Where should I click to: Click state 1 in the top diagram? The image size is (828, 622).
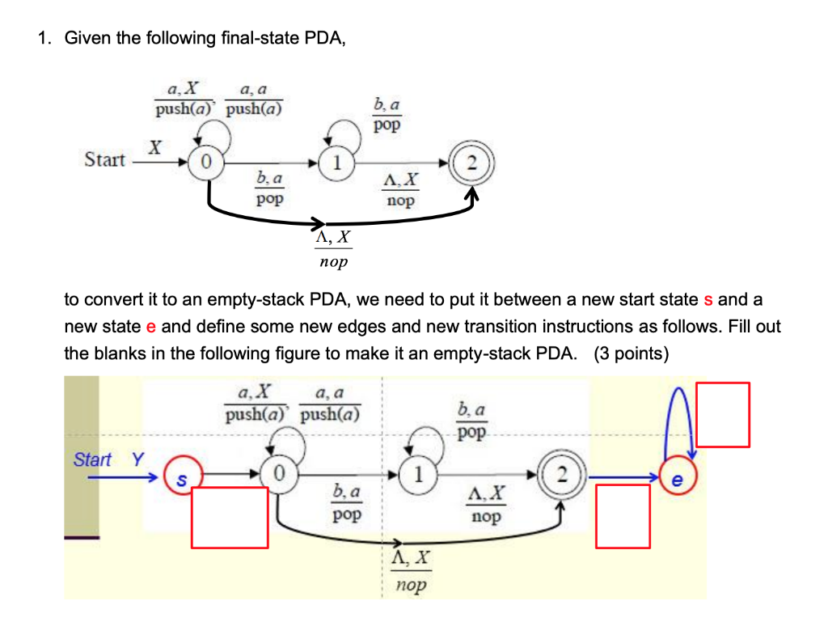pyautogui.click(x=332, y=161)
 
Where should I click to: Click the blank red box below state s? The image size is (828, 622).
pyautogui.click(x=230, y=517)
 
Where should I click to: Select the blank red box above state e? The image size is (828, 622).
pyautogui.click(x=723, y=414)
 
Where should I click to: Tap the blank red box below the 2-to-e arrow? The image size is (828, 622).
pyautogui.click(x=623, y=515)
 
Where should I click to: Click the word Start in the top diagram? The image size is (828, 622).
pyautogui.click(x=105, y=159)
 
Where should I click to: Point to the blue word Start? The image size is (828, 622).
pyautogui.click(x=92, y=459)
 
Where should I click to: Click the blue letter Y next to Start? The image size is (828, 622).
pyautogui.click(x=137, y=459)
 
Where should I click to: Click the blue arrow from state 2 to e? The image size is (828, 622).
pyautogui.click(x=623, y=478)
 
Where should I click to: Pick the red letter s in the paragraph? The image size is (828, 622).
pyautogui.click(x=708, y=299)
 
